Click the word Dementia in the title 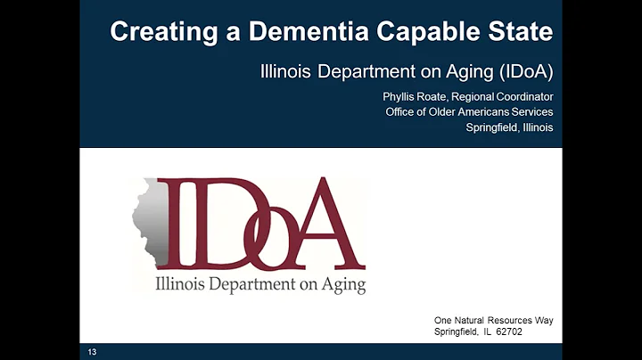[x=292, y=33]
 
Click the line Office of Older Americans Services [x=469, y=111]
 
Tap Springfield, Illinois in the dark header [x=509, y=127]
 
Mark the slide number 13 [x=92, y=353]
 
